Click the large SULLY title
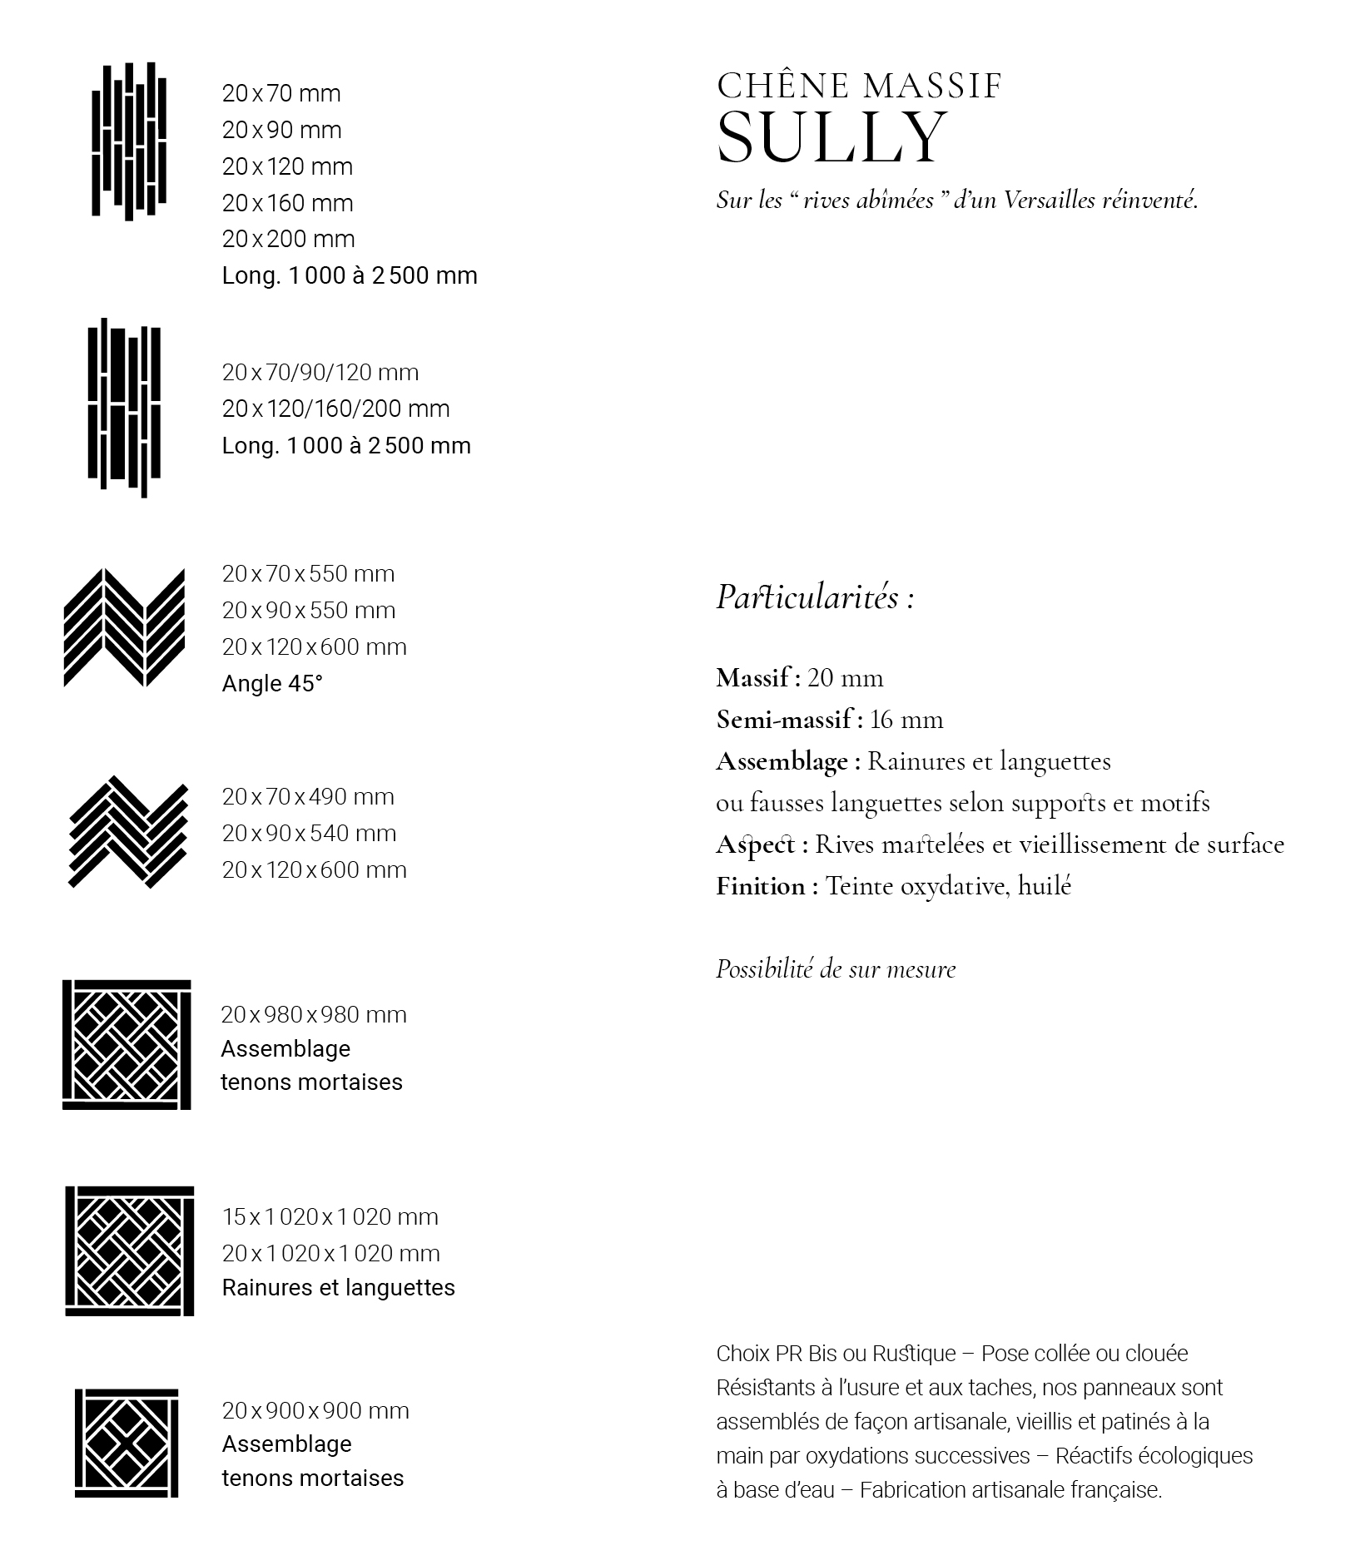pos(831,137)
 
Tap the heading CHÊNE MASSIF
pos(858,86)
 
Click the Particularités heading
pos(815,597)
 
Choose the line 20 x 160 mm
pos(287,203)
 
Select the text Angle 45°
pos(272,684)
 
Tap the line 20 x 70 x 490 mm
pos(308,797)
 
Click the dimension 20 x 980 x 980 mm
pos(314,1015)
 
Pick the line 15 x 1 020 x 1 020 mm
pos(330,1217)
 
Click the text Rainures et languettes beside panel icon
pos(338,1288)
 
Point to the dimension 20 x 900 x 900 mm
pos(315,1411)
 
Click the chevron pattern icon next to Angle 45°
pos(125,628)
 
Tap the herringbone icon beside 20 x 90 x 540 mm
pos(127,833)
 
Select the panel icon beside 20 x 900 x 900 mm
pos(127,1444)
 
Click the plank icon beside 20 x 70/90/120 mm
pos(124,408)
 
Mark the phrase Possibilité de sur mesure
pos(836,969)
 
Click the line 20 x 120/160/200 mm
pos(335,409)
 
